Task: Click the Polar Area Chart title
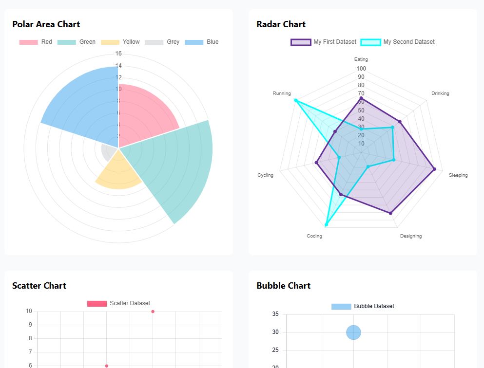point(46,24)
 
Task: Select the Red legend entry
point(36,42)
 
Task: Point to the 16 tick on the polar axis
point(118,54)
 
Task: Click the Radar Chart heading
point(281,24)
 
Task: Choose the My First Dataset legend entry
point(324,42)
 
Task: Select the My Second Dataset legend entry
point(398,42)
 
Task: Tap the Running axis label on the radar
point(282,93)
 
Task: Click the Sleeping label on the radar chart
point(458,175)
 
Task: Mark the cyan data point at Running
point(295,100)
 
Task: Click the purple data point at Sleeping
point(434,169)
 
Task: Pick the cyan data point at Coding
point(326,224)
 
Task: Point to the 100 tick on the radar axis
point(361,69)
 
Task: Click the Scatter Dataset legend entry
point(119,303)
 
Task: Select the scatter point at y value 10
point(153,312)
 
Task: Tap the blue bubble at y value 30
point(353,332)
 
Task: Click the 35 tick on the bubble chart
point(275,314)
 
